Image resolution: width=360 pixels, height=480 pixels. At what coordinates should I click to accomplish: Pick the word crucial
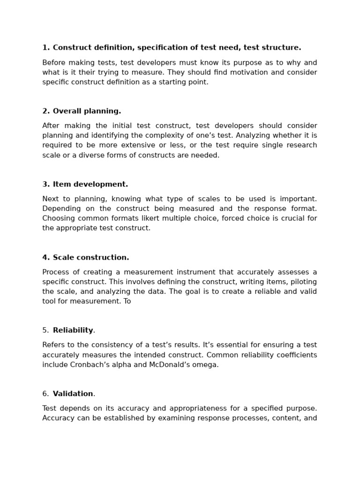292,218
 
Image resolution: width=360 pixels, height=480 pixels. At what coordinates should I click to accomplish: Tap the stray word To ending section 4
127,301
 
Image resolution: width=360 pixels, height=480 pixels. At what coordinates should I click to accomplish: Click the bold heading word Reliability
73,330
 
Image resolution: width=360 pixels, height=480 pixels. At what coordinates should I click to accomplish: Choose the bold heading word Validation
73,394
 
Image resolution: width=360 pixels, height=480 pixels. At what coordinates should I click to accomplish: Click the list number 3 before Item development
45,184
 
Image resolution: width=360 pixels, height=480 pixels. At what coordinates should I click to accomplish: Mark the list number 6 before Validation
45,394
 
